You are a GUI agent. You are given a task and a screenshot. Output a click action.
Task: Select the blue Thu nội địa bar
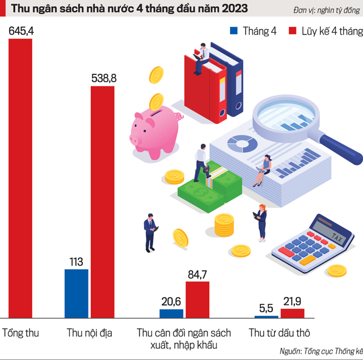[x=76, y=293]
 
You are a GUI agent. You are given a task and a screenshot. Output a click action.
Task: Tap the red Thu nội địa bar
[x=103, y=202]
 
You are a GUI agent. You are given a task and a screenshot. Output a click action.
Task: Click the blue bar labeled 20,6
[x=171, y=313]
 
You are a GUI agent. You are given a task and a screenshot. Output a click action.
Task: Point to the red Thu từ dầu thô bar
[x=292, y=313]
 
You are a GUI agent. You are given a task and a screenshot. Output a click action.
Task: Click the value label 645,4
[x=22, y=31]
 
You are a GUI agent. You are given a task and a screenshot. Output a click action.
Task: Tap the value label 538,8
[x=104, y=79]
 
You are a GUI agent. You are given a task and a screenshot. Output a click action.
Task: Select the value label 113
[x=76, y=262]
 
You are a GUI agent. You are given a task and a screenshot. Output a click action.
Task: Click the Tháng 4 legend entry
[x=252, y=31]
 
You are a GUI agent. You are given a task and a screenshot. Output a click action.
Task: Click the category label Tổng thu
[x=20, y=333]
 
